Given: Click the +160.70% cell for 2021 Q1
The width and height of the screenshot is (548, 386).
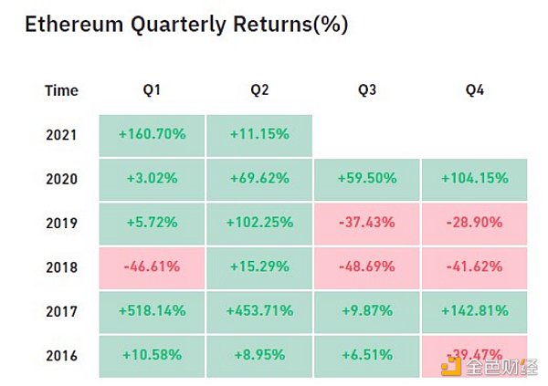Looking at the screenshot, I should tap(152, 134).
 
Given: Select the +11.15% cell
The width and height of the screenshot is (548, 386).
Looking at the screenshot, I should tap(259, 134).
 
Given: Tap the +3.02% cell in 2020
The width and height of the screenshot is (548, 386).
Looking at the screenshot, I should tap(152, 178).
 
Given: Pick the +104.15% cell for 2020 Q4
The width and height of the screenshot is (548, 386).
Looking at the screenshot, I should tap(474, 178).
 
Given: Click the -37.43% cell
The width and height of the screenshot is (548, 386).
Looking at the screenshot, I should tap(366, 222).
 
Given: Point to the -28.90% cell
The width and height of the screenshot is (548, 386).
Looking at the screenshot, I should tap(474, 222).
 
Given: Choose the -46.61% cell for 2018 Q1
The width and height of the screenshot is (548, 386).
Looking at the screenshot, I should tap(152, 266).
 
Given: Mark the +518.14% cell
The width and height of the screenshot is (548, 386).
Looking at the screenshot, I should tap(152, 310).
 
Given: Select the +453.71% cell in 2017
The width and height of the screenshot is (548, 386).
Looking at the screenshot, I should tap(259, 310).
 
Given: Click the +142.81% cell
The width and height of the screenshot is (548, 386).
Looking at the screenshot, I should tap(474, 310).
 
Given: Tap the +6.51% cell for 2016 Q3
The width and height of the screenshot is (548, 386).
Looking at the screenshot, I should tap(366, 353).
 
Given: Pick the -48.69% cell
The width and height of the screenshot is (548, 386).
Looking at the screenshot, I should tap(366, 266).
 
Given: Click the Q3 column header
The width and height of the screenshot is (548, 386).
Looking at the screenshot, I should tap(366, 90).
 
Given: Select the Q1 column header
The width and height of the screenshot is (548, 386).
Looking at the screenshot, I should tap(152, 90).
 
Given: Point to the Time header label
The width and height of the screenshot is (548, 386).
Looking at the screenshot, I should tap(61, 90).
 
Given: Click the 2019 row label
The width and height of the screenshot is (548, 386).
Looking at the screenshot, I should tap(61, 222).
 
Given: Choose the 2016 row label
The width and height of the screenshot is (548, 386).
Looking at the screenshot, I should tap(61, 353).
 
